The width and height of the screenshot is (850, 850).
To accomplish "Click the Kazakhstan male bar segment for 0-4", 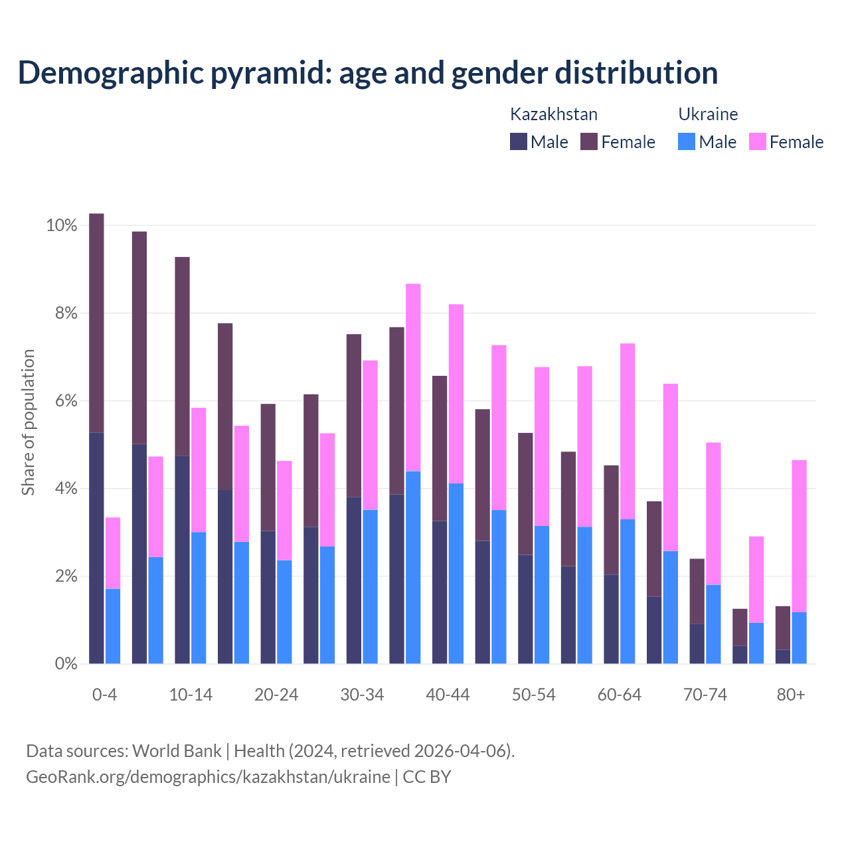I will click(x=96, y=548).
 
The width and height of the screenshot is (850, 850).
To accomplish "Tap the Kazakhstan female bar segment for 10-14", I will click(x=182, y=357).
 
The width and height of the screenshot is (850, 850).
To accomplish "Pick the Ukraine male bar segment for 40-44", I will click(x=456, y=573).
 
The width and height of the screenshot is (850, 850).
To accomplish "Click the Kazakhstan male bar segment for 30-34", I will click(x=354, y=580).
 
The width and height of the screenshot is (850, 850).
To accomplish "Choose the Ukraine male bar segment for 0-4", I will click(x=113, y=626).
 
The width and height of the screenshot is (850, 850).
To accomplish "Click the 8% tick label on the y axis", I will click(x=61, y=313).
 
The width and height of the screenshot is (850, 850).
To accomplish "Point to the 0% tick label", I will click(x=61, y=663).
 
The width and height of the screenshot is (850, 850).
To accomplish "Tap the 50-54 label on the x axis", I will click(x=534, y=695).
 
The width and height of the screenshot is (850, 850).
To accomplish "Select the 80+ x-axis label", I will click(x=791, y=695).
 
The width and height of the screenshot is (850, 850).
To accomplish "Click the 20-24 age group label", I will click(x=276, y=695).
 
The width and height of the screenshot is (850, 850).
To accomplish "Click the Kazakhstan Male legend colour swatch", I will click(x=519, y=141).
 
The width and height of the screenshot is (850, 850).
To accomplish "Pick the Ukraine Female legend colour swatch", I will click(x=758, y=141).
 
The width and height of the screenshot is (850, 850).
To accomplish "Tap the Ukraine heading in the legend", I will click(x=708, y=114).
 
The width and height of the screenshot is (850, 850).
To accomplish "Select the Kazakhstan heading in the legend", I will click(x=554, y=114).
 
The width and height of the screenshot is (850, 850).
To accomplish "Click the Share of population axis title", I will click(x=29, y=422).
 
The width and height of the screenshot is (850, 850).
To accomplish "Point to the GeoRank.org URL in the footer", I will click(x=208, y=776).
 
